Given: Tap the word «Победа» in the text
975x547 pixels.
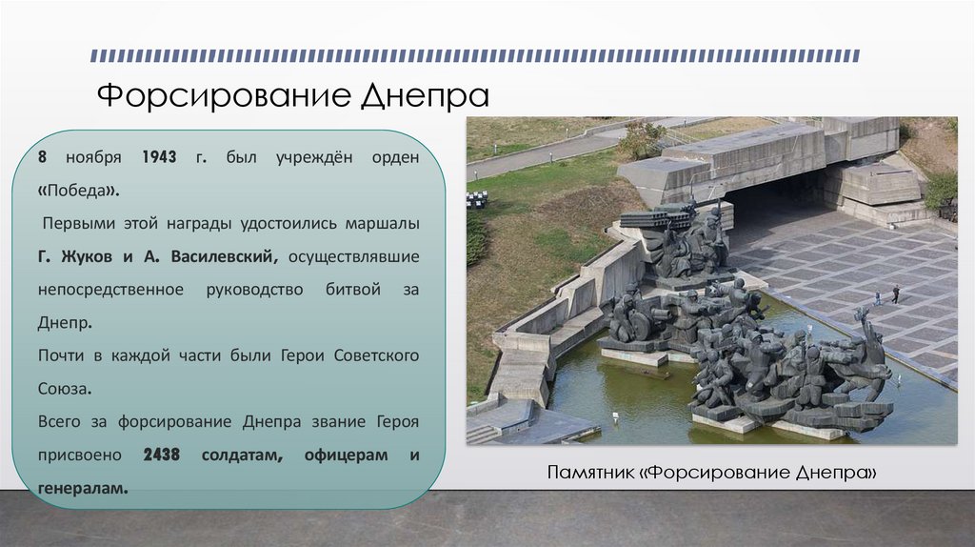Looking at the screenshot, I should [79, 189].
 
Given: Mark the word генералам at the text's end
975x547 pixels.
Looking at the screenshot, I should [83, 488].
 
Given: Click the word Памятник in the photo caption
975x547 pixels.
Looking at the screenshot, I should [591, 473].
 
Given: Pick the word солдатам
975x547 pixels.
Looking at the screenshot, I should [242, 455].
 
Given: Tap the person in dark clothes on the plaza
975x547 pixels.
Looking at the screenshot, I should [895, 294].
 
